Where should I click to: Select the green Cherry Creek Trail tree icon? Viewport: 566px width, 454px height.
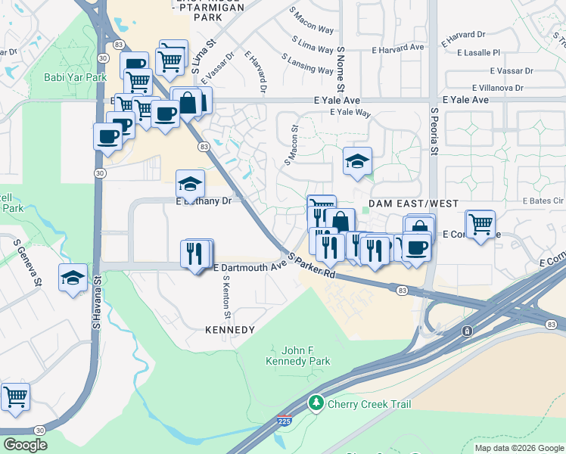(x=317, y=403)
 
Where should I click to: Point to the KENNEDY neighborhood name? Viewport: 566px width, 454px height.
(x=230, y=330)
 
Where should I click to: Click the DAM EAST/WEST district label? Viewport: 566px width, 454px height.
(x=403, y=204)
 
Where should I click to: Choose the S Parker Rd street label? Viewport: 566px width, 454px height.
(x=310, y=265)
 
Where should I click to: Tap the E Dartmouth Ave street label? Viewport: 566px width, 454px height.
(x=250, y=267)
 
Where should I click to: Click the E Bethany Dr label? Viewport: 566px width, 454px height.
(x=204, y=201)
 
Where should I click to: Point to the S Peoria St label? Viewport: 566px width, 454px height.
(x=434, y=131)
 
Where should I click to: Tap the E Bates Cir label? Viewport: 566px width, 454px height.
(x=543, y=201)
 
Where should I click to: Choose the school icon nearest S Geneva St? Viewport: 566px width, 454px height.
(x=73, y=277)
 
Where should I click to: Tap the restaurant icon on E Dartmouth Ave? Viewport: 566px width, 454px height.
(x=197, y=253)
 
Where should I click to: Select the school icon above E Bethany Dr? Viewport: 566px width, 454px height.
(x=191, y=183)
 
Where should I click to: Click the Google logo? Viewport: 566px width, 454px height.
(x=26, y=444)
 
